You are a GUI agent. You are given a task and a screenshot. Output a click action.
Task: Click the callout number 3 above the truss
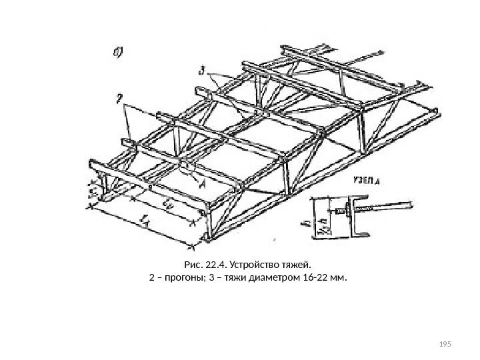pyautogui.click(x=202, y=69)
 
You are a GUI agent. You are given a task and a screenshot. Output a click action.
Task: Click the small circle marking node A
pyautogui.click(x=187, y=168)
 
